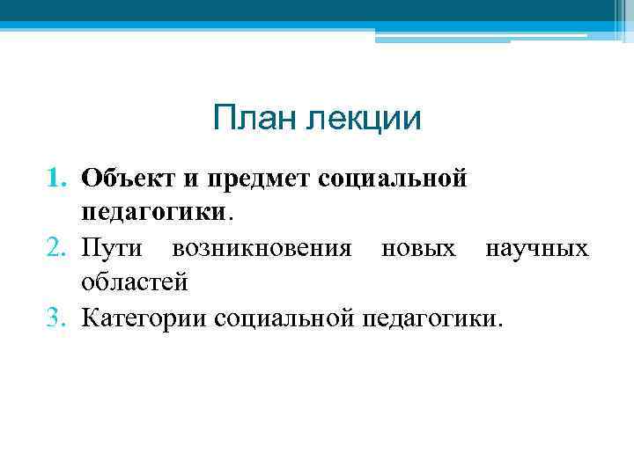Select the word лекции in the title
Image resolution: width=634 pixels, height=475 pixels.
click(362, 119)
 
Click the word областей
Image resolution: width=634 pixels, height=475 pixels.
click(134, 282)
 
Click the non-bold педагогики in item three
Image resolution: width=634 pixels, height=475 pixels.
click(428, 316)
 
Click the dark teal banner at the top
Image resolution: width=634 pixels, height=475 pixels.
click(317, 11)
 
